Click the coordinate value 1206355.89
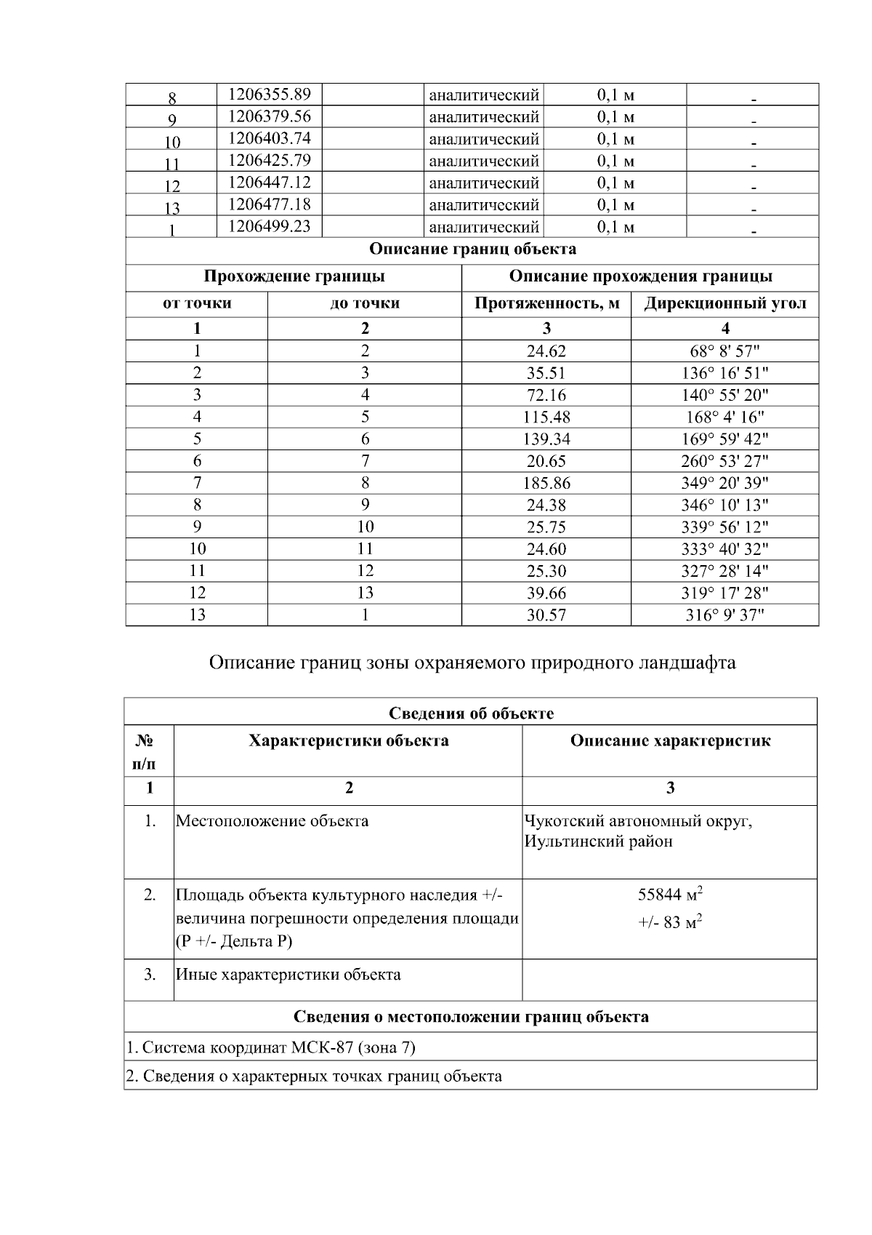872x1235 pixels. [x=269, y=95]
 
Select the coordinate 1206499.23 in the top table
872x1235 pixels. [x=269, y=226]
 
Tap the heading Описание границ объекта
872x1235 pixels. [x=472, y=249]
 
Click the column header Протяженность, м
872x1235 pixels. [x=546, y=303]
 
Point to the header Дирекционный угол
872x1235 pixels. [x=724, y=303]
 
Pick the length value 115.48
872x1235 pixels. [x=546, y=417]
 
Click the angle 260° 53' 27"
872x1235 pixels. [x=724, y=461]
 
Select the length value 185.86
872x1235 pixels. [x=546, y=483]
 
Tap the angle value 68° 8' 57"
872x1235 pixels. [x=724, y=351]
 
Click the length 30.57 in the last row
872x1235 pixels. [x=546, y=615]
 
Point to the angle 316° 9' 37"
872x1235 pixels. [x=724, y=615]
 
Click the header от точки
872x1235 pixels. [x=197, y=303]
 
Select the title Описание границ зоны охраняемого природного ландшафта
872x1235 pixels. [x=472, y=663]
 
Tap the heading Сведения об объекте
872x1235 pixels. [x=471, y=713]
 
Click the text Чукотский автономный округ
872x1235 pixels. [x=638, y=821]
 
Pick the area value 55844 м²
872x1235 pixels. [x=669, y=894]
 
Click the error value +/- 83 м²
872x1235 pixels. [x=669, y=922]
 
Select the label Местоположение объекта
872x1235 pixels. [x=272, y=821]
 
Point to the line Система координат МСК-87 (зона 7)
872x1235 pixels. [x=270, y=1047]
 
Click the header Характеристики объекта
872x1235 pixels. [x=348, y=741]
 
